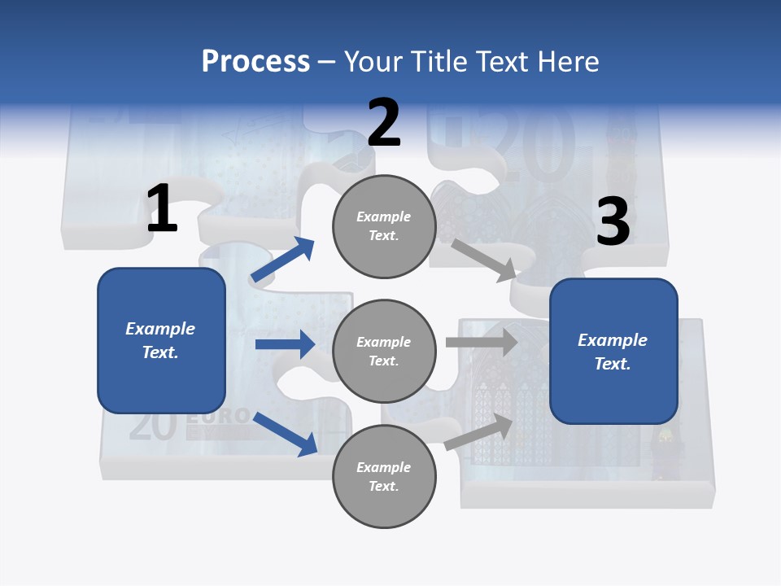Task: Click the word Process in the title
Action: pos(255,62)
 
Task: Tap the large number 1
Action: pos(161,209)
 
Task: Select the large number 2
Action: pos(384,124)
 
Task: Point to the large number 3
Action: pos(613,222)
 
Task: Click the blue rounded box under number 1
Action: pos(161,340)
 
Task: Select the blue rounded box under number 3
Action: pos(613,352)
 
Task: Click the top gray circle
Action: pos(384,226)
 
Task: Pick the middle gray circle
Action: pos(384,352)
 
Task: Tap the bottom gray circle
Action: pos(384,476)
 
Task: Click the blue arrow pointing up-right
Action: pos(283,259)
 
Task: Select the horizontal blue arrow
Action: pos(285,344)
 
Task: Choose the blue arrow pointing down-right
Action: pos(286,434)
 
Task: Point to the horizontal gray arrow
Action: pos(482,343)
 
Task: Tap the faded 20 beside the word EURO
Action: pos(152,426)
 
